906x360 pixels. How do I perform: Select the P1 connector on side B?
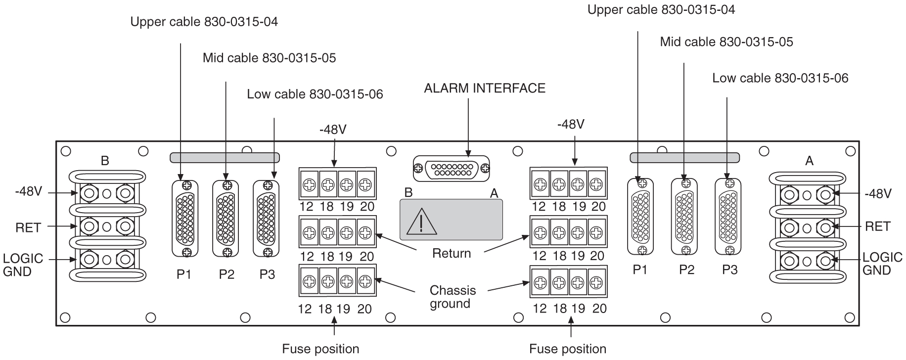click(185, 219)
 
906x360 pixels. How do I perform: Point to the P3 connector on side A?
click(728, 217)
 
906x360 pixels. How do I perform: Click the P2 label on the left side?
click(226, 274)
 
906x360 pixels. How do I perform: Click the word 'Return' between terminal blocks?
click(451, 254)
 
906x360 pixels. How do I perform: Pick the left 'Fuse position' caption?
click(320, 349)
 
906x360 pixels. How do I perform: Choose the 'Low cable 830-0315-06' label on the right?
click(780, 78)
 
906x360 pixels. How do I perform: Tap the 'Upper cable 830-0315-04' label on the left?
click(204, 22)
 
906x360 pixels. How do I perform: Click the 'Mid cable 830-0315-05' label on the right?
click(726, 42)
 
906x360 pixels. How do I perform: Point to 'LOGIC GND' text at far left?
click(23, 265)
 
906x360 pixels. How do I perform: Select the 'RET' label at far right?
click(877, 226)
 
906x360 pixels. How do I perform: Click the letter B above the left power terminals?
click(105, 161)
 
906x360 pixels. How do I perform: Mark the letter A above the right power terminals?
click(809, 161)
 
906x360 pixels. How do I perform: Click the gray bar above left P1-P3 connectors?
click(225, 158)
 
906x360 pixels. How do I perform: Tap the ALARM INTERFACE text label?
click(484, 88)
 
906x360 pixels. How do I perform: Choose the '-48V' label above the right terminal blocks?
click(571, 125)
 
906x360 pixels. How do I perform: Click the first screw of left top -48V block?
click(309, 185)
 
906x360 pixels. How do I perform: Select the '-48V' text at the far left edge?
click(28, 192)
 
